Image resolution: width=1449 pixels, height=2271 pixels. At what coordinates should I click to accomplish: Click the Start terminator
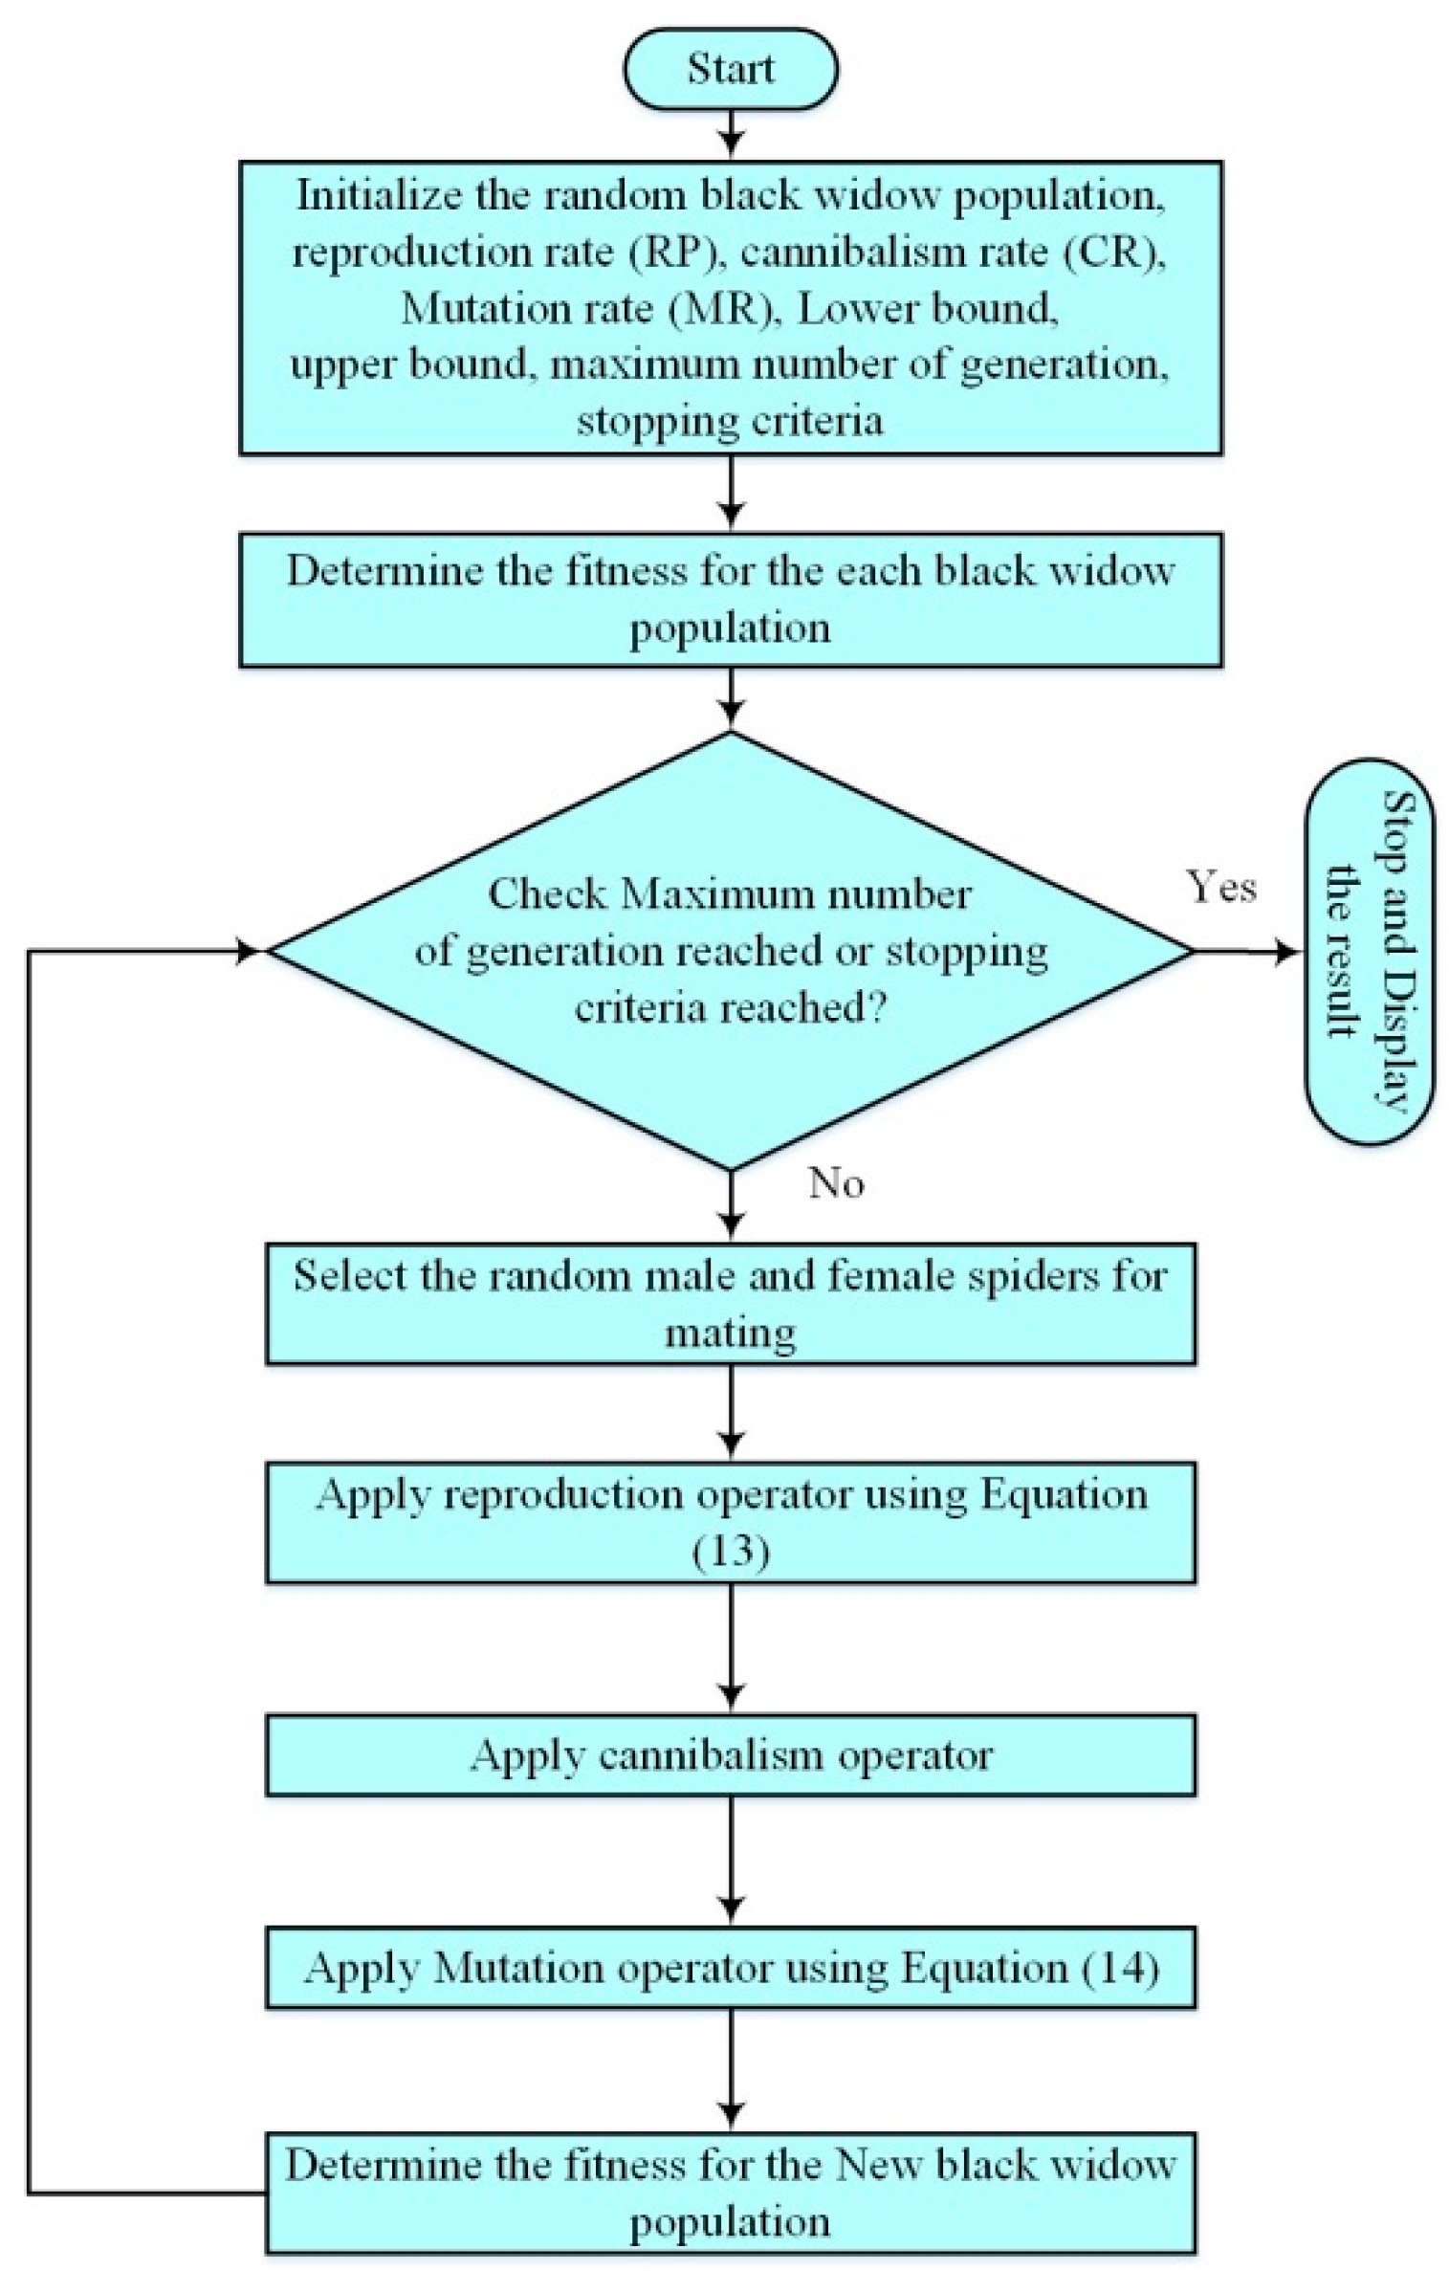731,69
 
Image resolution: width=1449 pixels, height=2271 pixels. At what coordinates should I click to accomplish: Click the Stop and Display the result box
1370,951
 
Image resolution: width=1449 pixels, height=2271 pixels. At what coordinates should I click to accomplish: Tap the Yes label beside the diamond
1221,886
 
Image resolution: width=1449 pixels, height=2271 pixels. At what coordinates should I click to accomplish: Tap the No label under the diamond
836,1183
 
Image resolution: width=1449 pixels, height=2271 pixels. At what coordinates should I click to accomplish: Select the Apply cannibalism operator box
731,1754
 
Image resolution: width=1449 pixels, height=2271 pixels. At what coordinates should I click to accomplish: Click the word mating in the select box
731,1333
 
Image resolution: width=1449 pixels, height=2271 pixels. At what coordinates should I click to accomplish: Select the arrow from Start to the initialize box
731,131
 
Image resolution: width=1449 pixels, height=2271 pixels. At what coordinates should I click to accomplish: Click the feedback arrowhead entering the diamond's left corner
249,951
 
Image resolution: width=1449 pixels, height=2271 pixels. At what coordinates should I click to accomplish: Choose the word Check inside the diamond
547,894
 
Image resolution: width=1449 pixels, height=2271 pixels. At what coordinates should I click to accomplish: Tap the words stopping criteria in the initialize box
731,422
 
